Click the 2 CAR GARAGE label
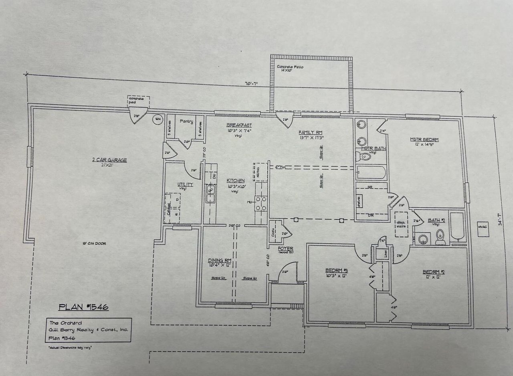click(x=109, y=160)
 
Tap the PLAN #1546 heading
click(x=83, y=307)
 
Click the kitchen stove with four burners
click(x=261, y=203)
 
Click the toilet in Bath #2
click(x=440, y=238)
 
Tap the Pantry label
click(x=186, y=121)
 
